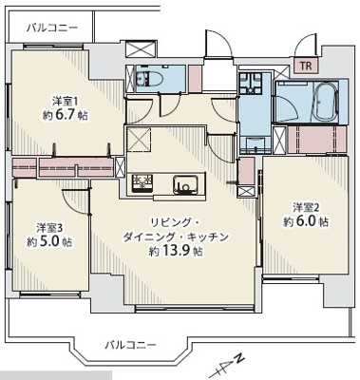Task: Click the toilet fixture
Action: click(x=147, y=80)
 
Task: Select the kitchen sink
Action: click(x=183, y=182)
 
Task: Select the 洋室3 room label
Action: click(x=49, y=227)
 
